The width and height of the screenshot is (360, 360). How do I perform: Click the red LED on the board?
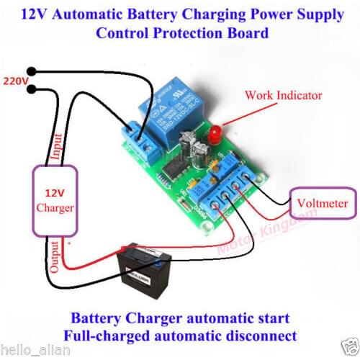click(215, 133)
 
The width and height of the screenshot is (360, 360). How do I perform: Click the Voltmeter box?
click(323, 204)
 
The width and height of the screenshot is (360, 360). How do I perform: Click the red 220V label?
click(15, 81)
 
